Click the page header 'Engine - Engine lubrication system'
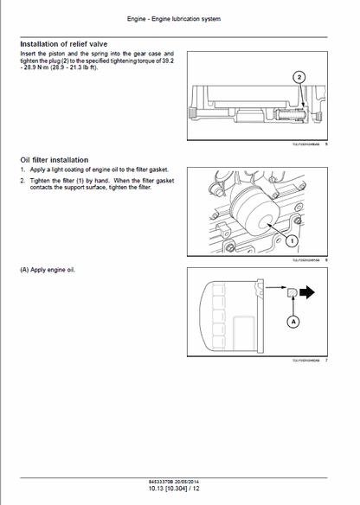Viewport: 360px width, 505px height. point(179,18)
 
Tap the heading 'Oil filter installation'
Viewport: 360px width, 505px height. point(54,160)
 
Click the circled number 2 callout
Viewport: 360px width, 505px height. point(299,77)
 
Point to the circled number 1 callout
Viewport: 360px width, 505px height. point(292,240)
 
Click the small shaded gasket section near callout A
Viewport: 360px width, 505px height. point(293,293)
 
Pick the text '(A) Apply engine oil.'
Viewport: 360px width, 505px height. point(48,270)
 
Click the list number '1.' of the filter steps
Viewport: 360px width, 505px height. point(22,169)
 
